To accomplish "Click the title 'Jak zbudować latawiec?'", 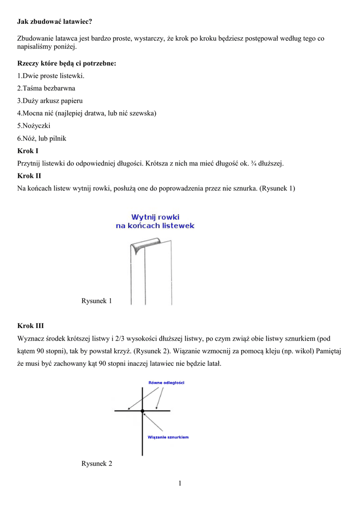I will click(55, 22).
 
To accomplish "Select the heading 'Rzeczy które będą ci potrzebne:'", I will click(67, 64).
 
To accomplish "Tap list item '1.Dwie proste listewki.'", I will click(51, 76).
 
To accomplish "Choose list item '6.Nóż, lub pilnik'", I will click(42, 138).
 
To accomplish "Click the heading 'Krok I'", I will click(28, 151).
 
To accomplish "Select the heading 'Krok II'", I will click(29, 175).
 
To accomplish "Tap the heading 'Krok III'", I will click(30, 326).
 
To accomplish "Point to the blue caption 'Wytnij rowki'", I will click(155, 217).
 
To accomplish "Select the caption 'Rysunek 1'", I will click(96, 301).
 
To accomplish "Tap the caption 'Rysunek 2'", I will click(96, 463).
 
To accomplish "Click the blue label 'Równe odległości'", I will click(167, 382).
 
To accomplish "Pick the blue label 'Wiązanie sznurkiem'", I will click(168, 437).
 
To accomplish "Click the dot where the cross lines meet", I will click(142, 411).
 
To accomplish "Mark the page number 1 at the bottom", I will click(180, 483).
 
